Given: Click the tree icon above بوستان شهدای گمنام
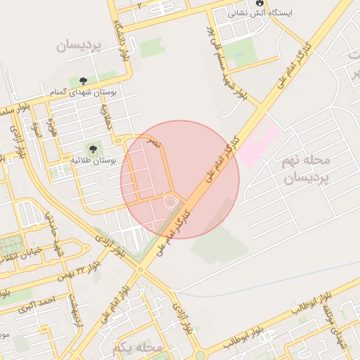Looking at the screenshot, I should (x=83, y=82).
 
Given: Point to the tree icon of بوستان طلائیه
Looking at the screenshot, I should (x=91, y=148).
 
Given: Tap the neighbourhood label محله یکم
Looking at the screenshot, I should (x=137, y=347).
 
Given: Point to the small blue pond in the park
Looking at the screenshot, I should (x=235, y=55).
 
